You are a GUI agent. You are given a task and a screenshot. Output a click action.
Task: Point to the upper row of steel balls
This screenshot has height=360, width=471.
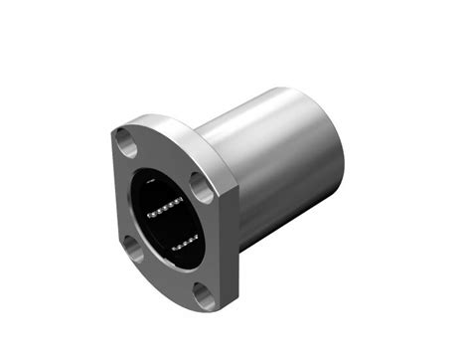pos(163,209)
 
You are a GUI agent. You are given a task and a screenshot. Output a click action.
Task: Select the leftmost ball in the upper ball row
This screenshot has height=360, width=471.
pos(150,214)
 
